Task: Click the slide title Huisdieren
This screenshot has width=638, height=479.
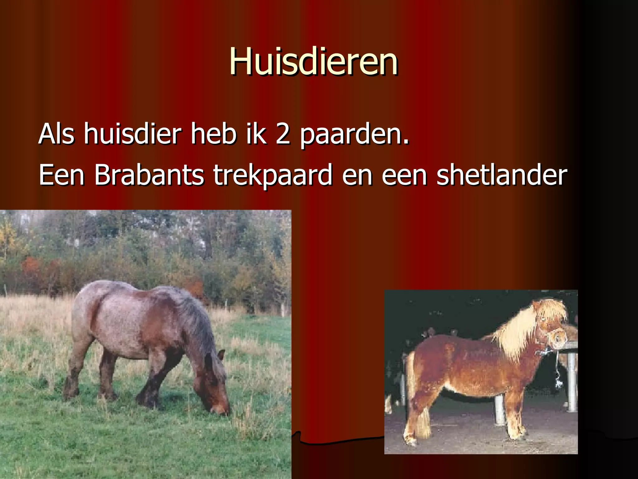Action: pos(313,61)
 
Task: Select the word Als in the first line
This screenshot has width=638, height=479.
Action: pos(56,134)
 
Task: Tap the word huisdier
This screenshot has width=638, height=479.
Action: pos(132,134)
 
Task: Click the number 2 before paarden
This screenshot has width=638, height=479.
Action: pos(283,134)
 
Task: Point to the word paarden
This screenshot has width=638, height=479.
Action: pos(354,135)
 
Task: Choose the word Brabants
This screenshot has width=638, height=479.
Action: pos(149,175)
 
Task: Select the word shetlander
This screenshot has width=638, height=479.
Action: pos(502,175)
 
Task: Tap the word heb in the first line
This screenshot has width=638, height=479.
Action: pos(214,134)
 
